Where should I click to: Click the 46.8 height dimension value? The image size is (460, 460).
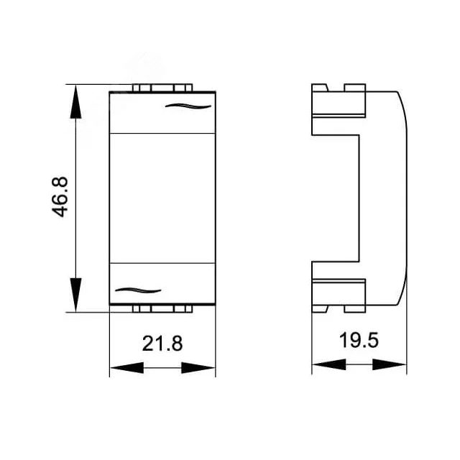(x=60, y=197)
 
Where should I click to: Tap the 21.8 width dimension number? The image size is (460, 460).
(x=162, y=344)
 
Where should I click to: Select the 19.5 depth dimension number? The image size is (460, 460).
(x=359, y=340)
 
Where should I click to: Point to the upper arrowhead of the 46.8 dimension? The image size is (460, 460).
(x=75, y=101)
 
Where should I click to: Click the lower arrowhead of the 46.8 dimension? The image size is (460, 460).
(x=75, y=295)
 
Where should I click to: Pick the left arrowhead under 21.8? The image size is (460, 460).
(x=126, y=367)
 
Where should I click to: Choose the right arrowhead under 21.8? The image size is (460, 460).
(x=198, y=367)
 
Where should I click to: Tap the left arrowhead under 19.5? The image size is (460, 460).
(x=329, y=364)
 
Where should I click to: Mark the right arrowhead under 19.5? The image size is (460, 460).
(x=390, y=364)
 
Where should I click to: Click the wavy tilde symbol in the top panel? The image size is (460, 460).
(x=188, y=106)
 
